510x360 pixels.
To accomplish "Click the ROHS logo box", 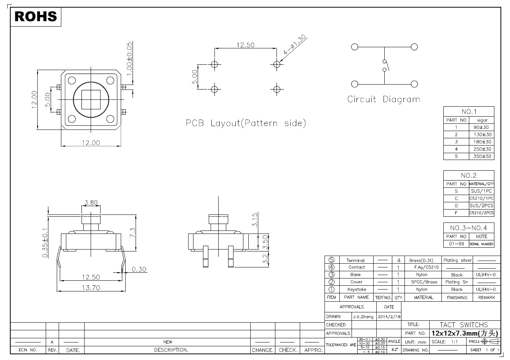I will [x=35, y=16].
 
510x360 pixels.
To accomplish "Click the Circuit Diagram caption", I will [x=384, y=99].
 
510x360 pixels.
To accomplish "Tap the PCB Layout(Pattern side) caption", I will [x=246, y=123].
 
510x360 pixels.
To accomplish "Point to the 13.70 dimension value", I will [x=91, y=288].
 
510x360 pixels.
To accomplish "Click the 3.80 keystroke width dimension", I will [x=91, y=203].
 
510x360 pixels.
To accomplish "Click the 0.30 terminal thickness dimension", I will [x=139, y=269].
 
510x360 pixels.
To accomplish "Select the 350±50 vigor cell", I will [x=482, y=156].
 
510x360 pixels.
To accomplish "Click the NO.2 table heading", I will [x=468, y=176].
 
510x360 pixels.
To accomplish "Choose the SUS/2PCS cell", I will [x=481, y=206].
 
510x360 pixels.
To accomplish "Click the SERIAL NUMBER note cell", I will [x=481, y=244].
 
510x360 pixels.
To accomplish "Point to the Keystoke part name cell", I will [x=357, y=290].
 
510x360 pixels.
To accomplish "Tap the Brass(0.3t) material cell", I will [x=421, y=260].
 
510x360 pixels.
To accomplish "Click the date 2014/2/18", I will [x=389, y=317].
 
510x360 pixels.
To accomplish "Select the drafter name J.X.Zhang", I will [x=363, y=317].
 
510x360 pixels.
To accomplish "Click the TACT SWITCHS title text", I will [x=464, y=325].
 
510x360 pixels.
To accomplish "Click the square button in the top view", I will [x=91, y=99].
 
